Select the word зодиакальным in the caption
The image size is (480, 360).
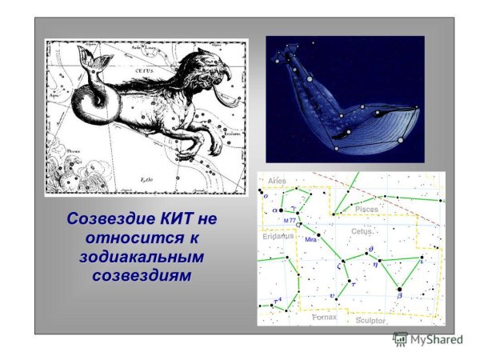click(142, 258)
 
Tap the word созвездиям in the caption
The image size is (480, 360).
click(142, 277)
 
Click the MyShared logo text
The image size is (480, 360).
click(437, 339)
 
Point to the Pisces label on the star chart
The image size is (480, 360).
click(366, 209)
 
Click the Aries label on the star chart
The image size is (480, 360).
click(277, 182)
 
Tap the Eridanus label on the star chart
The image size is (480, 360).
click(278, 237)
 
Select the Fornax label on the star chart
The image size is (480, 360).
click(325, 318)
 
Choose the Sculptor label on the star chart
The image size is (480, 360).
click(370, 320)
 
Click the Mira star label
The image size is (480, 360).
click(312, 239)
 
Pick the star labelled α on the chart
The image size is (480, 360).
click(282, 210)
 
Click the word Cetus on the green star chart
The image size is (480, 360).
click(362, 231)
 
